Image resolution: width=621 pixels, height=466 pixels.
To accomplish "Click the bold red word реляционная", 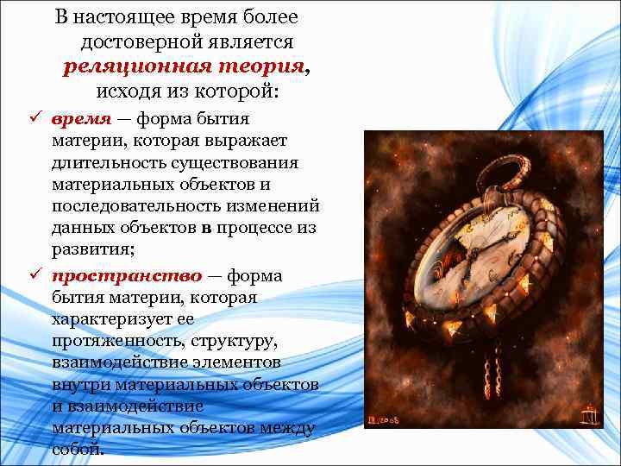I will click(125, 66).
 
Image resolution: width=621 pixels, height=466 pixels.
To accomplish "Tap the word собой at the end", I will click(77, 450).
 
